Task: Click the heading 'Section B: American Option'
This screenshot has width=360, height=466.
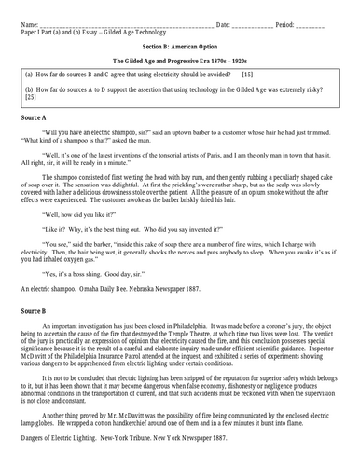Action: pos(180,44)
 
